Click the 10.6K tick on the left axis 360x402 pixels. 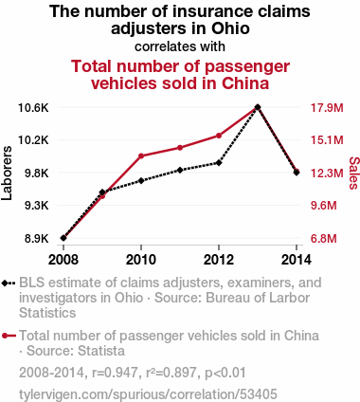[33, 108]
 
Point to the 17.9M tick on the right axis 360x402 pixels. [327, 108]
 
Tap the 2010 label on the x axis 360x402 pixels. [141, 260]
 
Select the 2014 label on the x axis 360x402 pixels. [297, 260]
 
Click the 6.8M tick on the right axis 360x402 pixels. [324, 239]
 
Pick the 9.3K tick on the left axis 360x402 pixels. [37, 206]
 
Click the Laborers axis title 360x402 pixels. [7, 173]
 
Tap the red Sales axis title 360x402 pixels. [354, 173]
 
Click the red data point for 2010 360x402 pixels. [141, 155]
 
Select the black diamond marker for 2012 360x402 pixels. [219, 163]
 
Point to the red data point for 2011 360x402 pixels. [180, 148]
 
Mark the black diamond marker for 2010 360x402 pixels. [141, 181]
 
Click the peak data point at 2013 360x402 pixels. [258, 107]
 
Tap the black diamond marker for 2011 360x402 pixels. [180, 170]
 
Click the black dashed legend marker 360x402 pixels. [9, 283]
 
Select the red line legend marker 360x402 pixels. [9, 336]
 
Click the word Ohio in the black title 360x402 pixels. [230, 28]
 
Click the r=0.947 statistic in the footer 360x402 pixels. [115, 373]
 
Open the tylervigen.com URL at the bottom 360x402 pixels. [148, 394]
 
